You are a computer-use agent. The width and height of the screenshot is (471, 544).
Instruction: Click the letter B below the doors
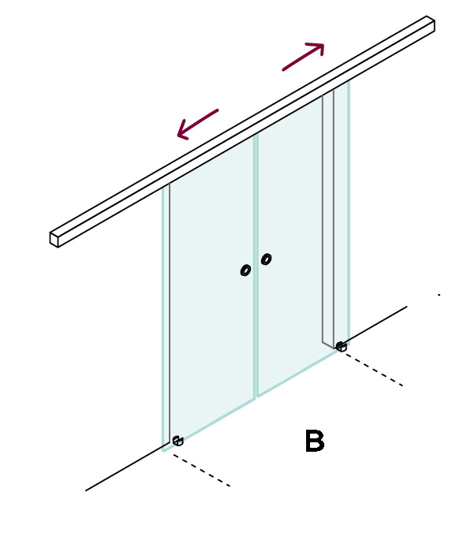tap(315, 441)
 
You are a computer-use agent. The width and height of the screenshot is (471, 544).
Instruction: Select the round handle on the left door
tap(245, 270)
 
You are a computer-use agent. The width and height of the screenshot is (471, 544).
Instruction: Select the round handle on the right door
tap(266, 259)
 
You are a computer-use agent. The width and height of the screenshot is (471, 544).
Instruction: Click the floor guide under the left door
tap(178, 441)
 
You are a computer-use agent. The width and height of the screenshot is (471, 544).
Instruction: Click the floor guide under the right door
tap(341, 346)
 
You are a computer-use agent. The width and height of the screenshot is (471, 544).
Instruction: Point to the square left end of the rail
tap(54, 239)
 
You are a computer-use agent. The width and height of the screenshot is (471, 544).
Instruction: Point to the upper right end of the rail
tap(431, 23)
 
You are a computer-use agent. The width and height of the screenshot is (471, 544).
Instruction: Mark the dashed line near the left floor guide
tap(201, 471)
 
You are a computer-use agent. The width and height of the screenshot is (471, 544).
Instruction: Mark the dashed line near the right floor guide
tap(374, 370)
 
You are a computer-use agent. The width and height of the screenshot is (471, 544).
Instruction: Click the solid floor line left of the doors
tap(127, 467)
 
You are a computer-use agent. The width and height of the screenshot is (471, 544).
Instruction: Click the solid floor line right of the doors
tap(375, 325)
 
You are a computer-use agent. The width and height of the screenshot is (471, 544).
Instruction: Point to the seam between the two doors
tap(256, 266)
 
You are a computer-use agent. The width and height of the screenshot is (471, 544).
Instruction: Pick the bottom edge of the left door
tap(209, 426)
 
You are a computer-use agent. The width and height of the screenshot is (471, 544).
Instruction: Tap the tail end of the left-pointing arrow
tap(218, 110)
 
